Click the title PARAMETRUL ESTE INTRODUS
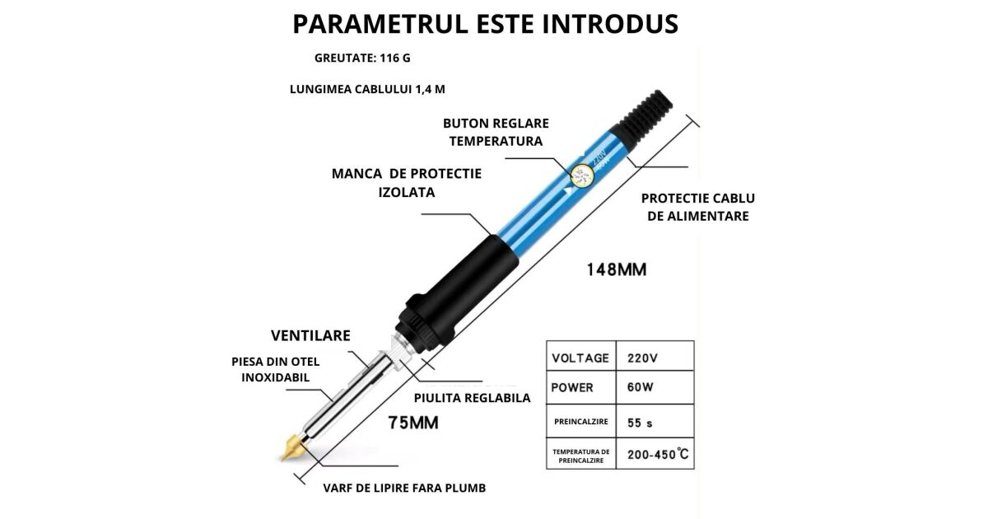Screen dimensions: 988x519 486,24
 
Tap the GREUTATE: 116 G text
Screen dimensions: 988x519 362,58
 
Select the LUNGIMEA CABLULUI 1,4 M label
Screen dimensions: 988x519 367,89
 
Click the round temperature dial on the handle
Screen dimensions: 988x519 582,175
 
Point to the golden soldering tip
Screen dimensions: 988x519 292,448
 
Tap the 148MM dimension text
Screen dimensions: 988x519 616,269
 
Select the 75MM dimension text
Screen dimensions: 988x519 413,423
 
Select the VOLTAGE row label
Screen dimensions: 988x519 580,358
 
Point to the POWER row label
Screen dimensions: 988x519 572,387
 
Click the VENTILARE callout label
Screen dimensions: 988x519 310,335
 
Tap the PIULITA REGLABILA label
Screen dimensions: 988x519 472,398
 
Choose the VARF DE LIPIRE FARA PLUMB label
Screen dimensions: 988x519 404,488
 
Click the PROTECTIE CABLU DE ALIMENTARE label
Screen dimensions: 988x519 698,207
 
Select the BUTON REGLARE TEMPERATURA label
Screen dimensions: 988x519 496,132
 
